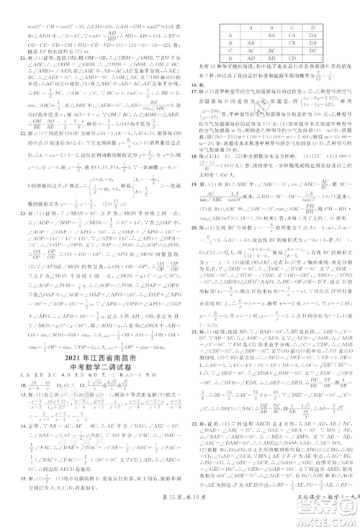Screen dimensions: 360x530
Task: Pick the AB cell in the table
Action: (x=251, y=42)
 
